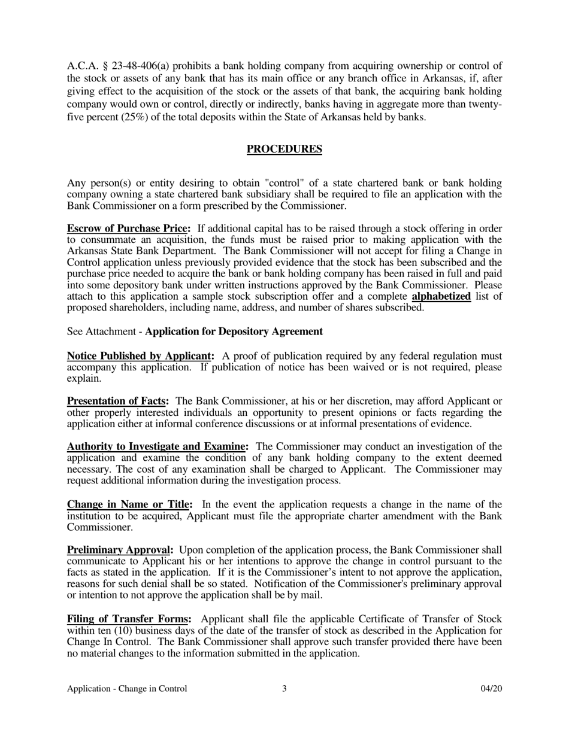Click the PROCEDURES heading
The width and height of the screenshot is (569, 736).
click(284, 149)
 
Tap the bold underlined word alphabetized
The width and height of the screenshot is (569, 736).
click(441, 296)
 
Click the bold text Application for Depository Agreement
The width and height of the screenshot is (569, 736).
click(234, 331)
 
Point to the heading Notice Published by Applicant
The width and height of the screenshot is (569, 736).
click(141, 356)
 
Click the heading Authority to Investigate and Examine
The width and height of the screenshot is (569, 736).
click(158, 446)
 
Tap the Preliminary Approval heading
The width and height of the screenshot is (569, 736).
click(120, 550)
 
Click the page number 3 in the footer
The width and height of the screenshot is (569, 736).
click(284, 689)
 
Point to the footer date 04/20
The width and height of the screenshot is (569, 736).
click(491, 689)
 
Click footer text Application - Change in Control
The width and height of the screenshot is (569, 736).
click(127, 689)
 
